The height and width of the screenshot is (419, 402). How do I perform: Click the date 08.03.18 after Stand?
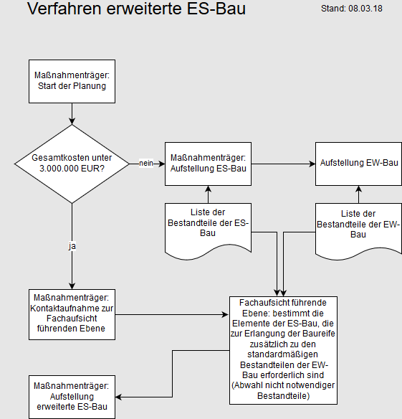coord(365,9)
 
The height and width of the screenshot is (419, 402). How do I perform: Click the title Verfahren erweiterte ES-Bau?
coord(136,9)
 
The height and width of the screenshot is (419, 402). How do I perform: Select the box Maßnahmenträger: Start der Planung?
coord(72,81)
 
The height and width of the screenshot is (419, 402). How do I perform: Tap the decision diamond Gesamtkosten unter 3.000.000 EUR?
coord(72,164)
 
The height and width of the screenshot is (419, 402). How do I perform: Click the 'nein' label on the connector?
coord(146,163)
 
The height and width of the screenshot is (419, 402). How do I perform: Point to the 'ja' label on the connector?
coord(72,246)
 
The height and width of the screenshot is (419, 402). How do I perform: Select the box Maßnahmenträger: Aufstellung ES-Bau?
coord(209,164)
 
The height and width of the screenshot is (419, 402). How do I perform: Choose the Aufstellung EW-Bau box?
coord(359,164)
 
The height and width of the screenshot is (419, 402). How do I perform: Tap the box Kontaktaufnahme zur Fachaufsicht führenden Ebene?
coord(72,314)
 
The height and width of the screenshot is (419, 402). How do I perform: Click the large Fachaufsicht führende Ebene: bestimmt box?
coord(283,350)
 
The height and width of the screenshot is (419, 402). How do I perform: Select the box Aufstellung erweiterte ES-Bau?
coord(72,397)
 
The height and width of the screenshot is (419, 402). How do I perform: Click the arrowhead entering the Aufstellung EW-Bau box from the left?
coord(312,164)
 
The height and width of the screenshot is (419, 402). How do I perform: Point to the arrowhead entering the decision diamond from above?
coord(72,121)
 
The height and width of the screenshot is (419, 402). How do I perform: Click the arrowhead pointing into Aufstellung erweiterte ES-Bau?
coord(119,397)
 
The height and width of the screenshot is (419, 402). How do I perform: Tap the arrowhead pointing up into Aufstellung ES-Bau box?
coord(209,189)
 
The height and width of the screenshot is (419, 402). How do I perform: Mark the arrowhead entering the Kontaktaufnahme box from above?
coord(72,286)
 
